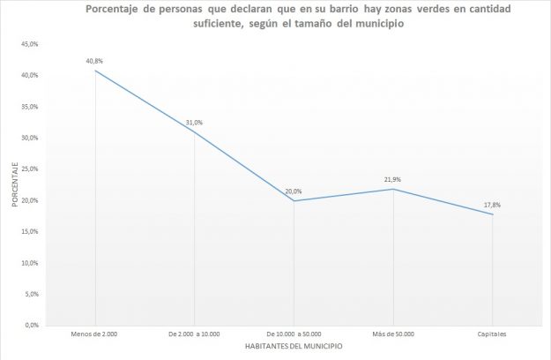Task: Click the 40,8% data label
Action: (x=94, y=62)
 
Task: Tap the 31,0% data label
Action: (x=194, y=123)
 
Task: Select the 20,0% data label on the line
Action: (x=294, y=191)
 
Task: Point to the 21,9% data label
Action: (x=393, y=179)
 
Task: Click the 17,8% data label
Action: (x=492, y=205)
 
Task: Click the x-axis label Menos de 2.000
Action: (x=95, y=333)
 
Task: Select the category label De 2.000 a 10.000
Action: (x=194, y=333)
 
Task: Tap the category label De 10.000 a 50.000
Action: (x=294, y=333)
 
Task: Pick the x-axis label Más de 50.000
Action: (x=393, y=333)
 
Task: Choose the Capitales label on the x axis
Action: (x=492, y=333)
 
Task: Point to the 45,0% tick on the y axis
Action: (x=30, y=44)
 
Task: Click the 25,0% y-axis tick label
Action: (x=30, y=169)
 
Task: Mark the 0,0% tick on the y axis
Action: (x=32, y=325)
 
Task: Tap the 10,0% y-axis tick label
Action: (x=30, y=263)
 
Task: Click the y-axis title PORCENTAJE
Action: (x=14, y=184)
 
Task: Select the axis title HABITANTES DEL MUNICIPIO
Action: (x=294, y=346)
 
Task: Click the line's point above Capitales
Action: (x=492, y=214)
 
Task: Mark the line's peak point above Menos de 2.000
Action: (x=95, y=71)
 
